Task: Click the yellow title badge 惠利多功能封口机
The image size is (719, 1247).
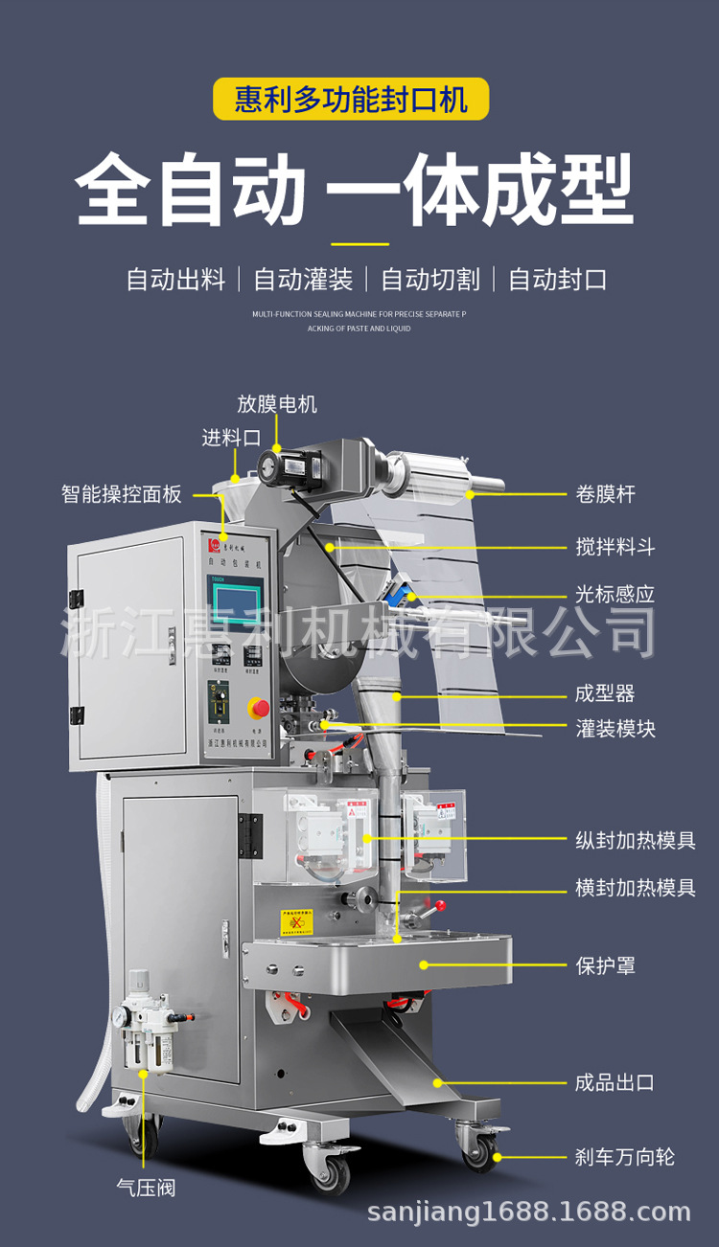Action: (351, 99)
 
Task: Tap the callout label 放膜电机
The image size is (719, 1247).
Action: (277, 403)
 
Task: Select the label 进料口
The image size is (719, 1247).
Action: (231, 438)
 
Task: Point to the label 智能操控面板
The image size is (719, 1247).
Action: (122, 494)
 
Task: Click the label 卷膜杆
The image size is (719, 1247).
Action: (605, 494)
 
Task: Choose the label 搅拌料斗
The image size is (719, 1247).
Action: (615, 547)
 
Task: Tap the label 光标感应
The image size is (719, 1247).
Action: (615, 594)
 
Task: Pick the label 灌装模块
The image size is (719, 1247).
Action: (615, 729)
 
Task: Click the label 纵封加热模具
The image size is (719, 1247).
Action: (635, 841)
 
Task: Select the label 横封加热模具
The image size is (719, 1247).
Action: (635, 888)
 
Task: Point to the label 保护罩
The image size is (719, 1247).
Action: (605, 965)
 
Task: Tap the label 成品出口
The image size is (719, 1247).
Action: (615, 1083)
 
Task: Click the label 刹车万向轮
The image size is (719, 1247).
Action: (625, 1157)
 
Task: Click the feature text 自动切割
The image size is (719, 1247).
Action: (430, 280)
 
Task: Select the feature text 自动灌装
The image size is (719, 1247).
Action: (303, 280)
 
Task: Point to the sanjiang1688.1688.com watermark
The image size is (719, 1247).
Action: (529, 1213)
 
